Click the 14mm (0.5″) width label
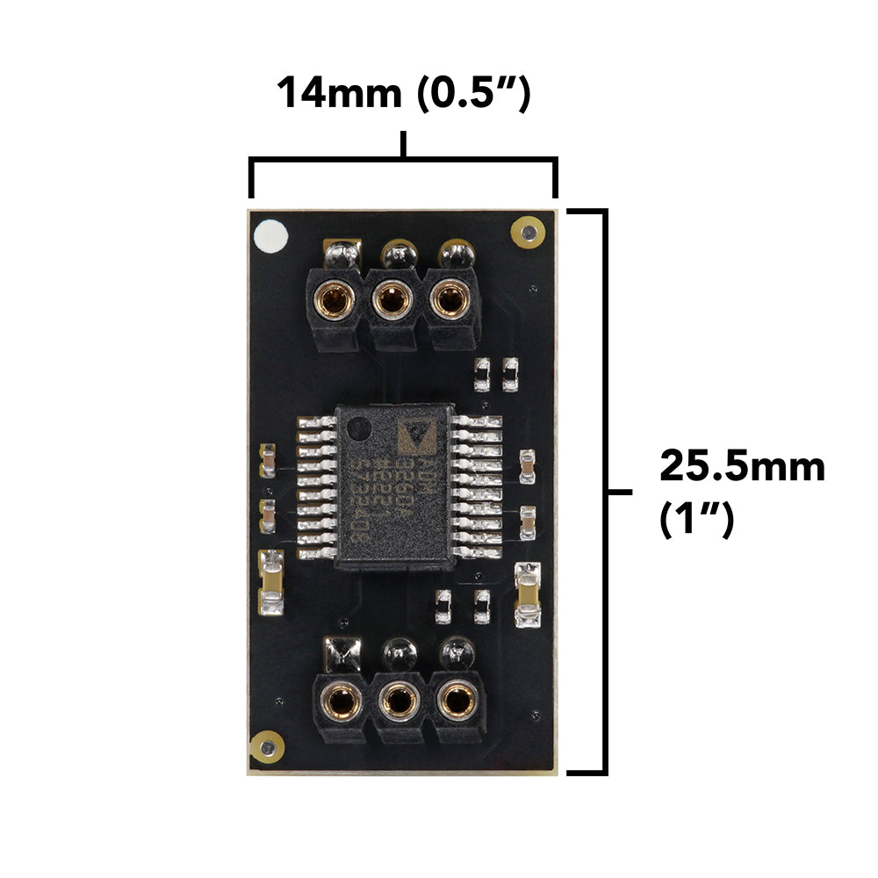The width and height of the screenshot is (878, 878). pyautogui.click(x=403, y=93)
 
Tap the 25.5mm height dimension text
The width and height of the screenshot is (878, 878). pyautogui.click(x=742, y=466)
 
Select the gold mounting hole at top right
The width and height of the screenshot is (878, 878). pyautogui.click(x=527, y=232)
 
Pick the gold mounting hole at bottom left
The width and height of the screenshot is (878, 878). pyautogui.click(x=266, y=747)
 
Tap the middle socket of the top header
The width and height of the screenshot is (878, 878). pyautogui.click(x=392, y=301)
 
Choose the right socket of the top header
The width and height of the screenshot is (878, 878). pyautogui.click(x=449, y=301)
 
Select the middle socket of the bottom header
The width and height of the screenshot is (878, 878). pyautogui.click(x=399, y=701)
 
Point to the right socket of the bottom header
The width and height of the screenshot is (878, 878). pyautogui.click(x=456, y=701)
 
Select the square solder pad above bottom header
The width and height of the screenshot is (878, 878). pyautogui.click(x=342, y=652)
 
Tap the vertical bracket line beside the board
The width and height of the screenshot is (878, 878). pyautogui.click(x=603, y=492)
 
